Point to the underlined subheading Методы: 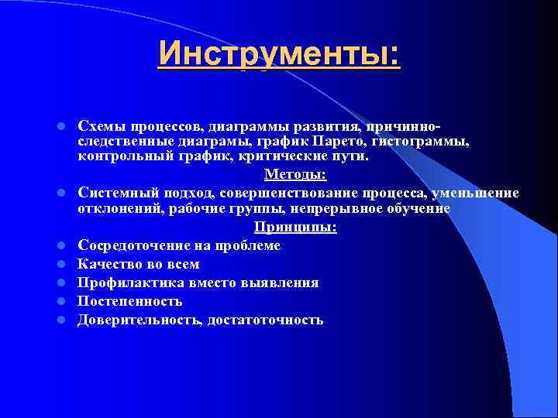tap(295, 175)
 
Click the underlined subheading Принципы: tap(295, 228)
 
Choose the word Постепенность tap(130, 301)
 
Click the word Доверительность tap(140, 320)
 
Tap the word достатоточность tap(265, 320)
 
